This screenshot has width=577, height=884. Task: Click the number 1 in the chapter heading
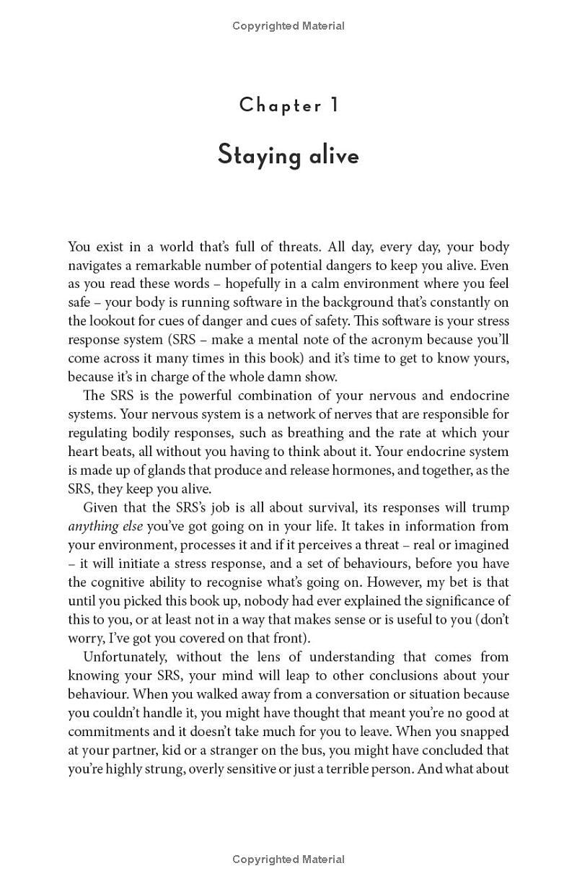pos(334,105)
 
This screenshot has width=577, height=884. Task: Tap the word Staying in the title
pos(252,156)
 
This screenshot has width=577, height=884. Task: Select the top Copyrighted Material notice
pos(288,26)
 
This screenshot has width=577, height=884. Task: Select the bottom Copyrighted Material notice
pos(288,859)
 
